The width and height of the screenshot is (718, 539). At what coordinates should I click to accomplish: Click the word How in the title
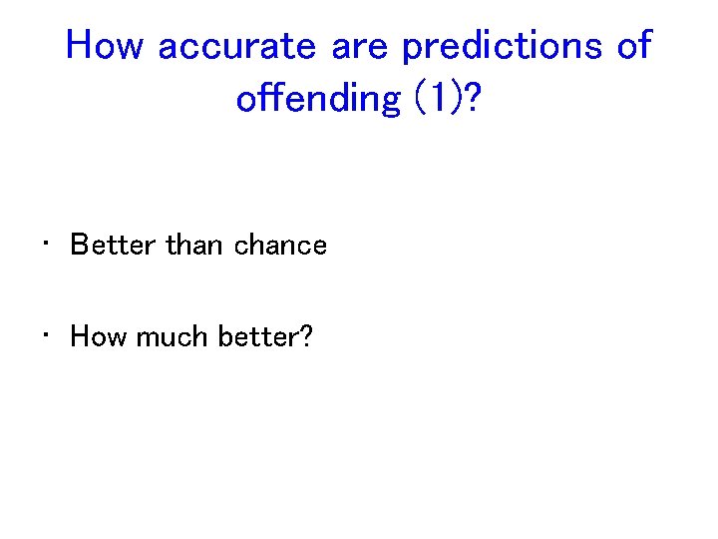[106, 45]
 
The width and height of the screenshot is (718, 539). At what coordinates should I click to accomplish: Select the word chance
[280, 246]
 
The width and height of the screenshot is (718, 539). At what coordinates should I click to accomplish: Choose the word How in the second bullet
[99, 336]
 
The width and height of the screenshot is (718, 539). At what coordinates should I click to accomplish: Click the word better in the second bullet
[254, 336]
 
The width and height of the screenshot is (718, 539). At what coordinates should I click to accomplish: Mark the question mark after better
[305, 336]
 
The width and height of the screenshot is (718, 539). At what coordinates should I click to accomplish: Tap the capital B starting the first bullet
[80, 246]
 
